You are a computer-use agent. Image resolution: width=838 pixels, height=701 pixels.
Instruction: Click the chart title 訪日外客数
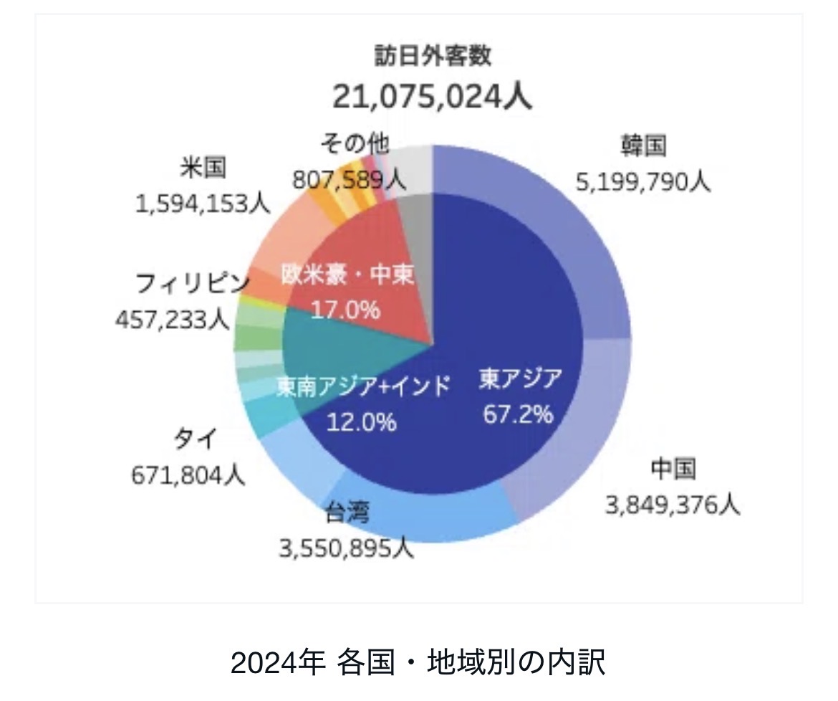click(x=433, y=56)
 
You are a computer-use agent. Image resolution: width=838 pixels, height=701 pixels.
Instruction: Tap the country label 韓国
click(x=643, y=146)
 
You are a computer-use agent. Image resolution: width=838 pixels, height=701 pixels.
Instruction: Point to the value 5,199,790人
click(x=643, y=183)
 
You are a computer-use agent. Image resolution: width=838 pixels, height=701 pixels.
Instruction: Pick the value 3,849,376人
click(x=673, y=505)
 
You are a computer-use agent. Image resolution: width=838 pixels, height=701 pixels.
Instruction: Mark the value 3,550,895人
click(x=346, y=548)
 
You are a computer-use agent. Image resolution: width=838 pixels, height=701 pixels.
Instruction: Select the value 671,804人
click(x=188, y=474)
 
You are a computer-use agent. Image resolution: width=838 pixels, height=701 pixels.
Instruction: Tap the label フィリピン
click(x=193, y=284)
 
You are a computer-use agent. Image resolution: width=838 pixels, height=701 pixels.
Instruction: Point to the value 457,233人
click(x=173, y=320)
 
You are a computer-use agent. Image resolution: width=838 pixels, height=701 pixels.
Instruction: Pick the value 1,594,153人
click(x=203, y=204)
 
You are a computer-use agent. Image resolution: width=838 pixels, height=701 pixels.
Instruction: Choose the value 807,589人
click(x=349, y=179)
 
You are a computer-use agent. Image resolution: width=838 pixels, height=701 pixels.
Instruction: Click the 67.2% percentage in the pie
click(x=518, y=414)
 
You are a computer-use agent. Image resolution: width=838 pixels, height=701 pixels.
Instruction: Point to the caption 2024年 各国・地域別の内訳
click(x=418, y=662)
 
